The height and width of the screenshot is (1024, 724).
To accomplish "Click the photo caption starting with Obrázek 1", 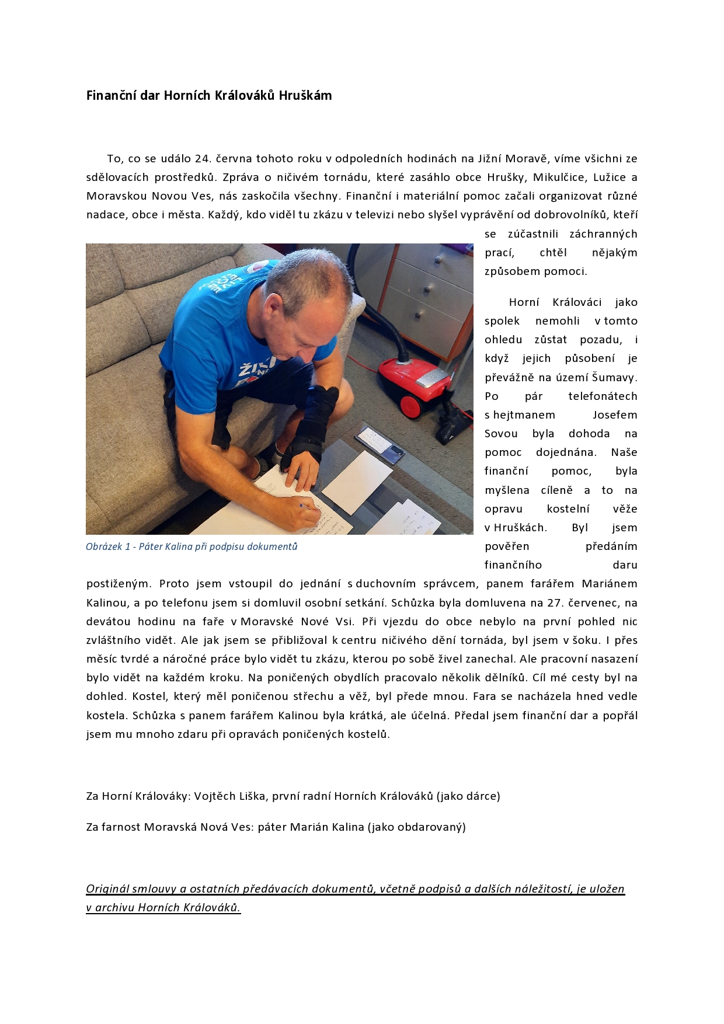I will [x=192, y=547].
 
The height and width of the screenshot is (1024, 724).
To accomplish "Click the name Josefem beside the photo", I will [x=615, y=415].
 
